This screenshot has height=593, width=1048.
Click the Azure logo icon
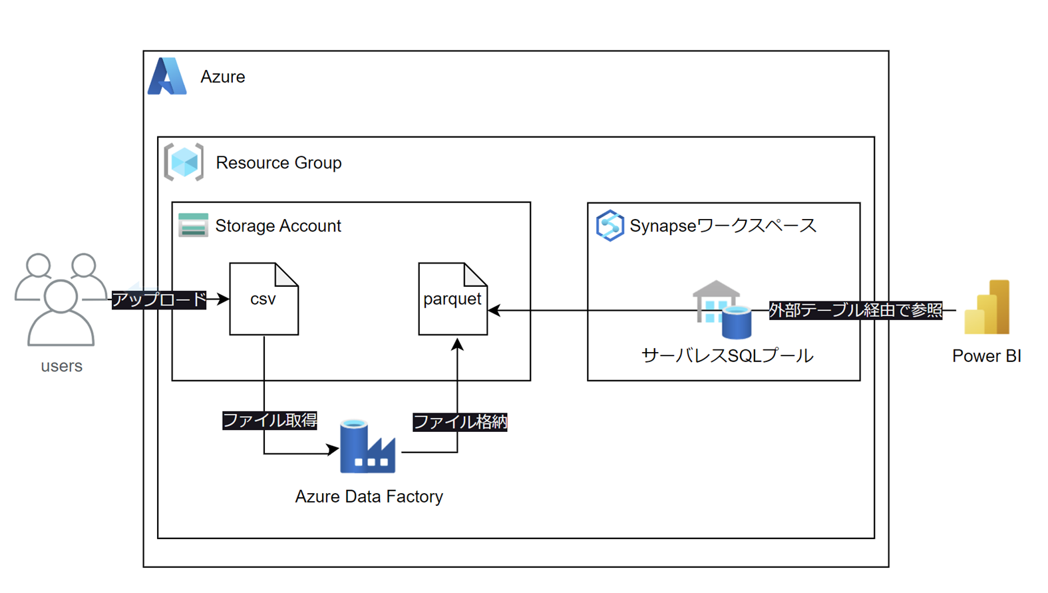click(167, 77)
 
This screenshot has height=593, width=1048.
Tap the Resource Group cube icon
click(184, 162)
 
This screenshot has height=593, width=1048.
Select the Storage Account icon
click(193, 226)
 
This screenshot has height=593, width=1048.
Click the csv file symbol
click(263, 299)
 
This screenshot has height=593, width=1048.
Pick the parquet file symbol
click(452, 299)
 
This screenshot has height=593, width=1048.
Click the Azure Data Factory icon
click(367, 447)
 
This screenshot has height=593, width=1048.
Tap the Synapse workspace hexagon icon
click(610, 226)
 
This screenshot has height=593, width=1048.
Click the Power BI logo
click(987, 307)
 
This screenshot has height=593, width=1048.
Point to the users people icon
click(61, 299)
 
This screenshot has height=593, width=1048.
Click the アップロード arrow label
click(159, 299)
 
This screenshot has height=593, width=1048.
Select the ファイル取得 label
click(269, 421)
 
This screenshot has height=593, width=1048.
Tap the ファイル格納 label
click(460, 422)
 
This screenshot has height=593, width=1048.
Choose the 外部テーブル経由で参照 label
click(855, 310)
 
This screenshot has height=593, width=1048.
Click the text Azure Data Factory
click(369, 496)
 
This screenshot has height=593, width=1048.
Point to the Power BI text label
click(986, 356)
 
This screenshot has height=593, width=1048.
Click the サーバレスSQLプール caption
click(727, 356)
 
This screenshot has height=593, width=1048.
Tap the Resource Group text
click(278, 163)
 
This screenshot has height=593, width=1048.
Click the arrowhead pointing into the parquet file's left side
click(494, 310)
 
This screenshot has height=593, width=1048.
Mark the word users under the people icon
click(61, 366)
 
